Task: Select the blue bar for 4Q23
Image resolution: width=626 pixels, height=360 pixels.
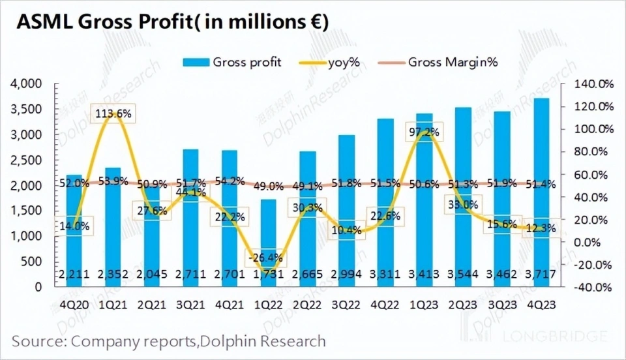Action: click(541, 189)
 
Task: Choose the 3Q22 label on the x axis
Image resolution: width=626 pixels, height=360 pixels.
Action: click(346, 303)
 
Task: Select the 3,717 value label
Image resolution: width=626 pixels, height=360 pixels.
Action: click(541, 274)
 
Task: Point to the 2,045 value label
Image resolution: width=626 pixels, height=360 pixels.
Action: click(153, 274)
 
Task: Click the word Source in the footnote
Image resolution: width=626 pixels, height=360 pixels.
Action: click(40, 341)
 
